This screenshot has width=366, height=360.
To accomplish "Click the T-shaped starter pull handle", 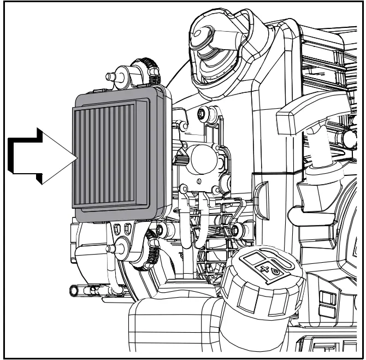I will (x=302, y=115).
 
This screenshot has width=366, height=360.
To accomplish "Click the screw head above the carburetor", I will (x=204, y=115).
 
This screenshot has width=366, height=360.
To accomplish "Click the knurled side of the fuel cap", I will (x=240, y=298).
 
